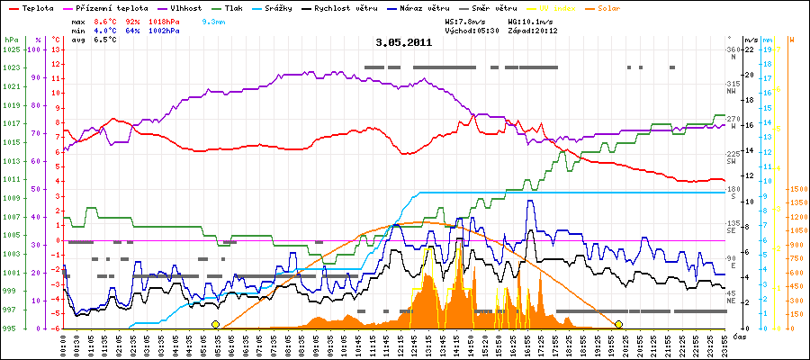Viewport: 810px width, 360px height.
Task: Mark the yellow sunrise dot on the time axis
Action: [215, 324]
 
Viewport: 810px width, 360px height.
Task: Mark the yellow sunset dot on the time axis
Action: [619, 324]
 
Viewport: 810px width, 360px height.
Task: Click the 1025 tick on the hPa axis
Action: [11, 49]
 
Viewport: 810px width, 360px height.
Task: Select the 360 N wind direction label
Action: [732, 53]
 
